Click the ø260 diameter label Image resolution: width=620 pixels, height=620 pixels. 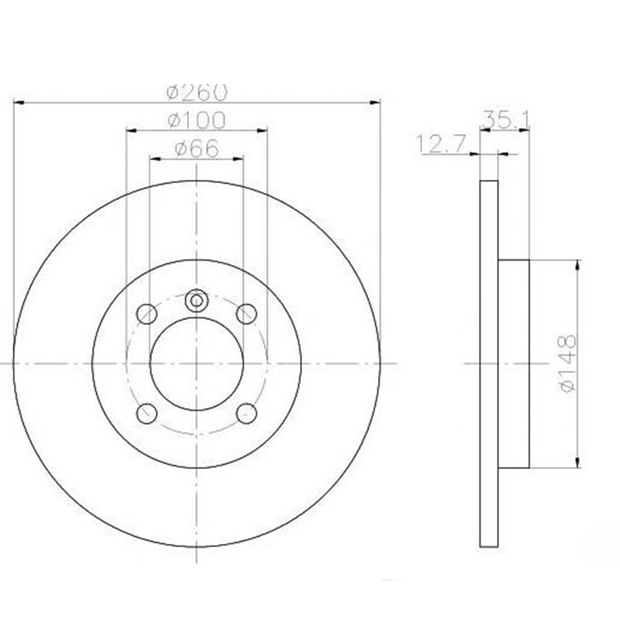tap(197, 92)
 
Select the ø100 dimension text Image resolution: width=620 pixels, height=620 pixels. tap(197, 121)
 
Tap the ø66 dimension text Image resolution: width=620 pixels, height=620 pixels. tap(197, 149)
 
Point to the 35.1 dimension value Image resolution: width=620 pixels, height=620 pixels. tap(505, 120)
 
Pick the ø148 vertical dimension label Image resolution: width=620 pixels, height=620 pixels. tap(567, 363)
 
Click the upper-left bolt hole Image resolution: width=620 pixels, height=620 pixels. tap(146, 314)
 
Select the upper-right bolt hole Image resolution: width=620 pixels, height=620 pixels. tap(246, 314)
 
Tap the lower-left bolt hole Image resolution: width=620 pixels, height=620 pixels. tap(146, 414)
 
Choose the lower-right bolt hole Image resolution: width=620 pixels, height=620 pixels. tap(246, 414)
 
